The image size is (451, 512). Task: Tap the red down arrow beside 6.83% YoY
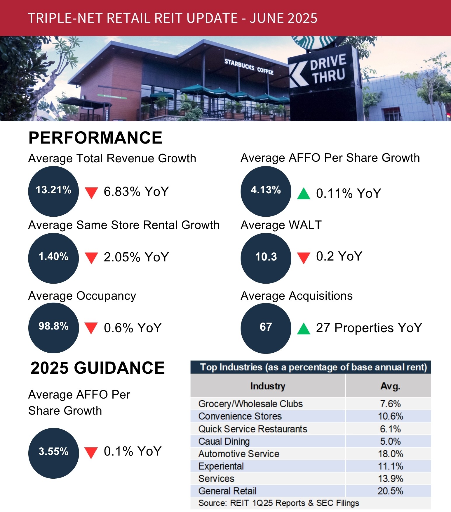pyautogui.click(x=91, y=193)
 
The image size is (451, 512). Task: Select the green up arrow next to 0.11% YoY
pyautogui.click(x=304, y=194)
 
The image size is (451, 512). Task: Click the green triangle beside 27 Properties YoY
pyautogui.click(x=304, y=329)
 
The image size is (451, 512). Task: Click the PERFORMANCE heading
pyautogui.click(x=95, y=138)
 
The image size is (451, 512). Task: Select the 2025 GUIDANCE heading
pyautogui.click(x=97, y=368)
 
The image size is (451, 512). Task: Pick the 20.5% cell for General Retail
pyautogui.click(x=390, y=491)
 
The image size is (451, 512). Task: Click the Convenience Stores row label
pyautogui.click(x=240, y=416)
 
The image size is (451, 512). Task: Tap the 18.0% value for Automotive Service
pyautogui.click(x=390, y=454)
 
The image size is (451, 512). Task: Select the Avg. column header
pyautogui.click(x=390, y=386)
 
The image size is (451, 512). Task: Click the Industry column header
pyautogui.click(x=268, y=386)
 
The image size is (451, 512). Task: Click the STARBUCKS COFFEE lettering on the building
pyautogui.click(x=249, y=67)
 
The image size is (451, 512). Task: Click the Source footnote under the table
pyautogui.click(x=278, y=503)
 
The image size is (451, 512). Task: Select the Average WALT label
pyautogui.click(x=281, y=225)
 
